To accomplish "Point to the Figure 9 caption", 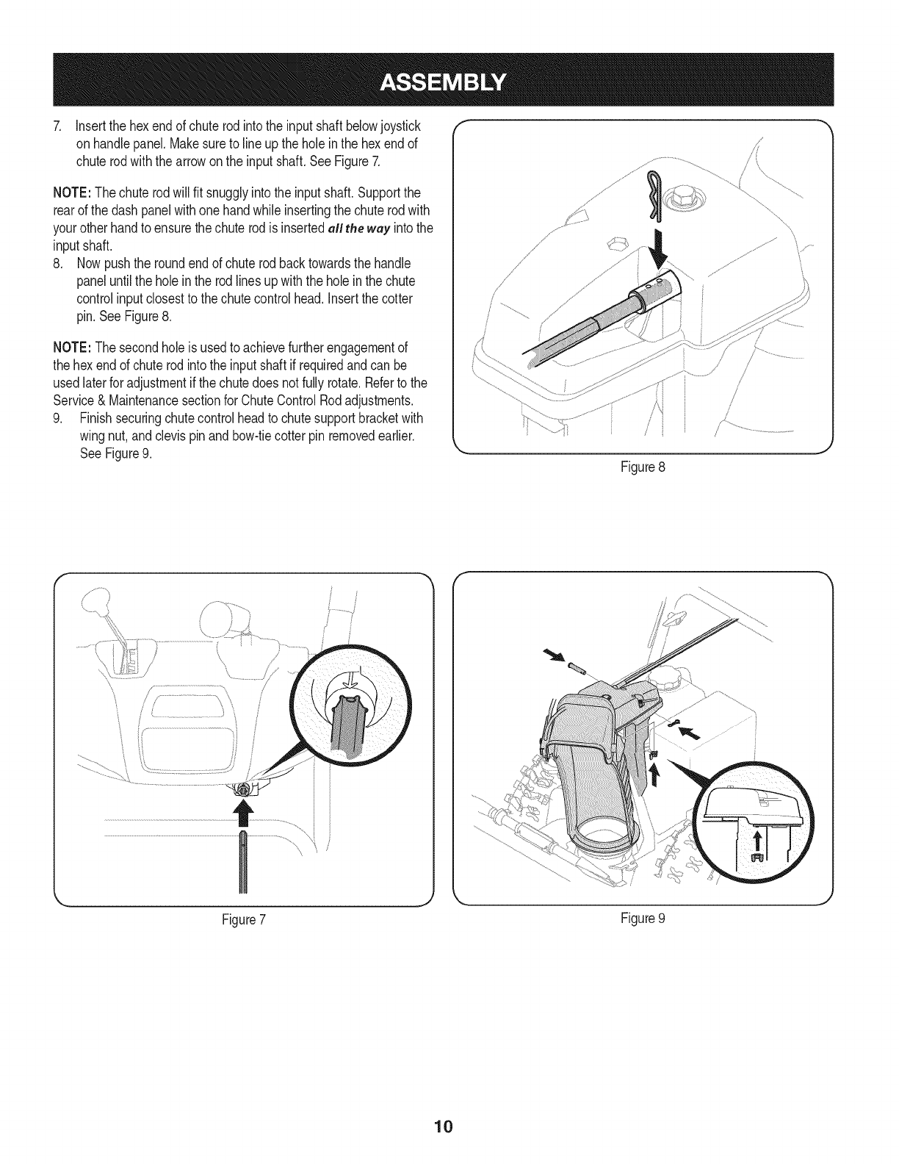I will [643, 919].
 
